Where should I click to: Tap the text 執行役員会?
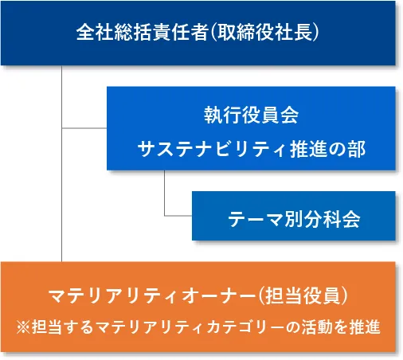click(251, 115)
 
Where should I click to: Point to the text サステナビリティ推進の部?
click(251, 148)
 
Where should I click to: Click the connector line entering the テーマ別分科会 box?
click(178, 216)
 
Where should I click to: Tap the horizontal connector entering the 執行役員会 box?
click(84, 128)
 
